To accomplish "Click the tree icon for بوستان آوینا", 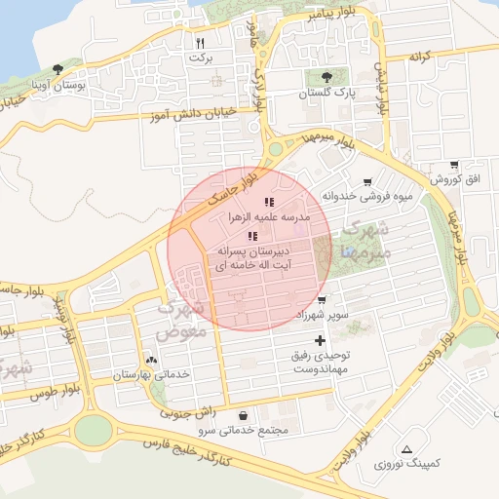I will [x=58, y=69].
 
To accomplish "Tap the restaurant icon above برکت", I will [x=200, y=43].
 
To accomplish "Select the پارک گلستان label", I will [x=326, y=94].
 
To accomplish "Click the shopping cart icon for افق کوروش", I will [x=454, y=165].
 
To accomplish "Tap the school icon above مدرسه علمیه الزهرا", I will [x=269, y=202].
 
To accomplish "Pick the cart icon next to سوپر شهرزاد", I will [x=322, y=299].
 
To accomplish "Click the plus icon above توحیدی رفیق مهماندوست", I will [x=321, y=339].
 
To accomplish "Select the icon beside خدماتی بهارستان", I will [x=149, y=359].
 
